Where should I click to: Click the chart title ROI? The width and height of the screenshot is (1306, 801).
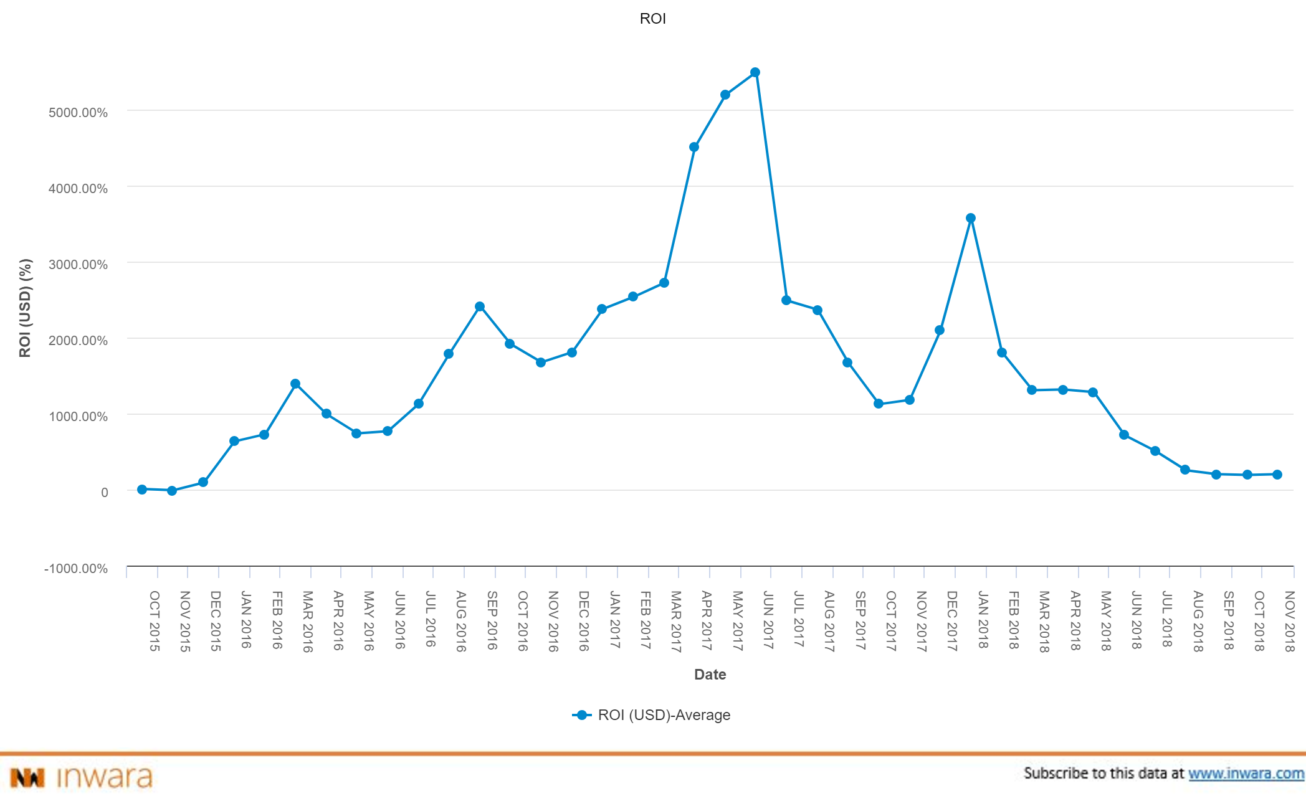652,19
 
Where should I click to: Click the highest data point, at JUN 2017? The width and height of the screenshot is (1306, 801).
755,72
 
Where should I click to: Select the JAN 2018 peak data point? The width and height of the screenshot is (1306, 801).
971,218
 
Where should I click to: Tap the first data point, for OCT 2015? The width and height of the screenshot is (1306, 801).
142,490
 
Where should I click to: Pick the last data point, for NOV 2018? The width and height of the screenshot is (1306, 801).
1277,475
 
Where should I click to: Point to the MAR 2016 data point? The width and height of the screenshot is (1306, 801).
295,384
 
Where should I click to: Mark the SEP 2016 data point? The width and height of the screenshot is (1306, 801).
480,306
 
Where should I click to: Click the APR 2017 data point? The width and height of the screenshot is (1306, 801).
694,147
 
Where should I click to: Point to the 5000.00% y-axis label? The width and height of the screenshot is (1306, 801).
78,113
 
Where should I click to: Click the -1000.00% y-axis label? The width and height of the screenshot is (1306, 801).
75,569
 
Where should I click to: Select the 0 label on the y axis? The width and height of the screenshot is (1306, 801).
104,493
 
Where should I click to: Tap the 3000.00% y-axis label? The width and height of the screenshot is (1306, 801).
78,265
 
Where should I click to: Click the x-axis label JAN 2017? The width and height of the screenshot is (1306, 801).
614,620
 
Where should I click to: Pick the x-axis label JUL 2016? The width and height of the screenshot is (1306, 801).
430,619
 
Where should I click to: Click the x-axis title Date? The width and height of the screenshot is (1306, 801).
710,675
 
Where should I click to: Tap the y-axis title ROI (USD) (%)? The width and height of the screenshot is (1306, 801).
25,308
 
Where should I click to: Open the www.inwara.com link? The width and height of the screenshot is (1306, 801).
1246,774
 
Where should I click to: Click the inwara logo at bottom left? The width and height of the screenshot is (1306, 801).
81,777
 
